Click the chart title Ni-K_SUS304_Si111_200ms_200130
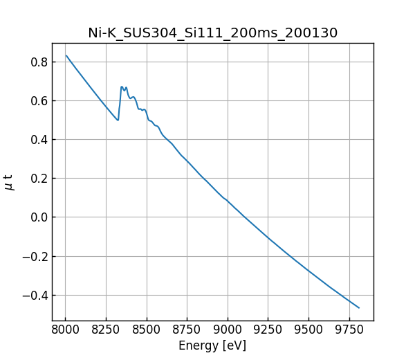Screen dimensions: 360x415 [212, 33]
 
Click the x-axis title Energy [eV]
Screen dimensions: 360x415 [212, 345]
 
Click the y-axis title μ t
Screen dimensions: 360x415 [9, 182]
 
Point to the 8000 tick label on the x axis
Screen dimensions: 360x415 [66, 330]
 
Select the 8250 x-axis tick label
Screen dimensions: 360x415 [106, 330]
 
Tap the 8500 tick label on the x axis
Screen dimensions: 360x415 [147, 330]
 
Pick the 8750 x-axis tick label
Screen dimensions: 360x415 [187, 330]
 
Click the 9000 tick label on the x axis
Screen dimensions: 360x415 [228, 330]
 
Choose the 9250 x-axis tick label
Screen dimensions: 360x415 [268, 330]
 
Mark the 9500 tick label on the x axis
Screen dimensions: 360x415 [308, 330]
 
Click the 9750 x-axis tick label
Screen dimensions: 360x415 [349, 330]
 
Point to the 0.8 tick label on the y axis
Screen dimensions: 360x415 [39, 62]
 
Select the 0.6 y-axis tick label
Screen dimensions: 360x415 [39, 101]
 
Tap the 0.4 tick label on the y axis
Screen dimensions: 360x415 [39, 140]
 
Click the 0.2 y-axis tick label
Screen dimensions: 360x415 [39, 179]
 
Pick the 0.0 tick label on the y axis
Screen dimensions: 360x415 [39, 217]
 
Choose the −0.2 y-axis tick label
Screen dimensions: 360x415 [35, 257]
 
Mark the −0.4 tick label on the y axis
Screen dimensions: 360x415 [35, 296]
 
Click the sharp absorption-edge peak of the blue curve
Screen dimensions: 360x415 [122, 87]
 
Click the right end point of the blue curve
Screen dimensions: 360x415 [359, 307]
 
